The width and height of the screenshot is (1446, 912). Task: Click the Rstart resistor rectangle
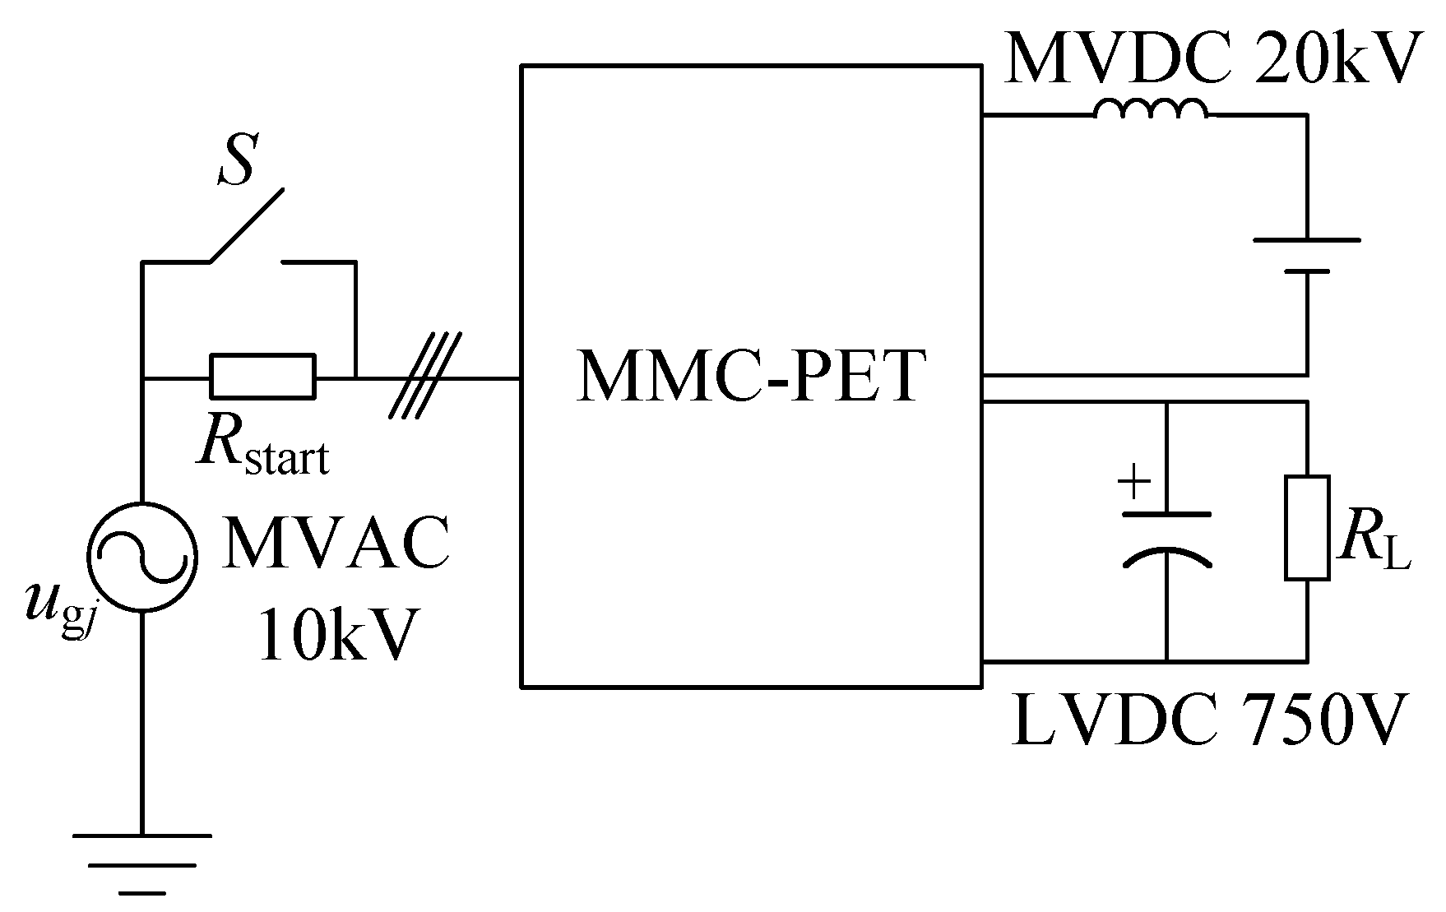[x=262, y=376]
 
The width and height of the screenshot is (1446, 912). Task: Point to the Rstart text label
[x=262, y=448]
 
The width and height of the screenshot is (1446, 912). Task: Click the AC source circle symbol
[x=142, y=558]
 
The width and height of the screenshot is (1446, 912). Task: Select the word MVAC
[x=336, y=544]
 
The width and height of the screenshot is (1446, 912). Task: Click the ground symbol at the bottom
[x=142, y=863]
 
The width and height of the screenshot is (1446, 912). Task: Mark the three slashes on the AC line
[x=425, y=376]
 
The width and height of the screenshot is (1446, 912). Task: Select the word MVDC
[x=1118, y=58]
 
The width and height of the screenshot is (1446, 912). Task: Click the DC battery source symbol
[x=1306, y=255]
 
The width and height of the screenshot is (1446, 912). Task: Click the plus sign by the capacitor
[x=1135, y=483]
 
